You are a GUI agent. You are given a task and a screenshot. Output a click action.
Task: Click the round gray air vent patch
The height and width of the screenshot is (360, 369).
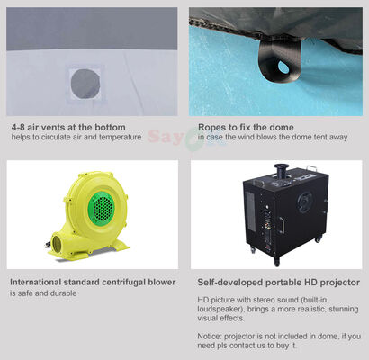87,81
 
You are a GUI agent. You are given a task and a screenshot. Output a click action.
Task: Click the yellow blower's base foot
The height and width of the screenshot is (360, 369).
108,247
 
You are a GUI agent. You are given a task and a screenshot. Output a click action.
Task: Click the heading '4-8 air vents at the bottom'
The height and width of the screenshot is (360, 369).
67,126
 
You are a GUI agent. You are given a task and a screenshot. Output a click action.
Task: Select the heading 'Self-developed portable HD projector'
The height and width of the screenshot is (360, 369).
278,283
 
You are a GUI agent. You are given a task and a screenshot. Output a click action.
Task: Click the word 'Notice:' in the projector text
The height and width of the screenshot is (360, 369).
211,336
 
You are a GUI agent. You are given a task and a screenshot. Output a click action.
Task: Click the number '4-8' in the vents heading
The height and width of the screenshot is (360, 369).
19,126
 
